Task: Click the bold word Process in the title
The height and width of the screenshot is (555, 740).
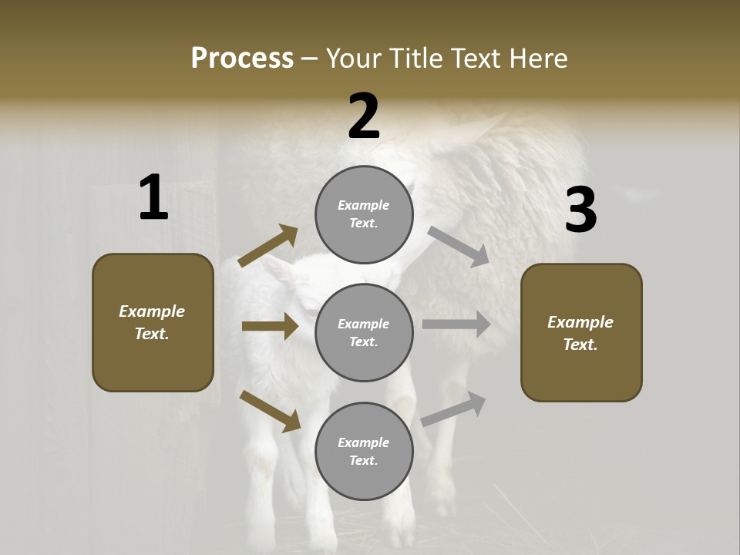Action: pos(242,59)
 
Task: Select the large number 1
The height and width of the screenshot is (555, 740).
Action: pos(153,198)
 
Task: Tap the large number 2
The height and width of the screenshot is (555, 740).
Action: pos(364,116)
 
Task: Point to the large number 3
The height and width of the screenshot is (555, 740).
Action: pos(580,210)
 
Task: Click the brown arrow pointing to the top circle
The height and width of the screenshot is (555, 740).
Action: pos(268,245)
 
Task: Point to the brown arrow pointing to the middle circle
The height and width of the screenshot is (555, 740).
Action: pos(270,326)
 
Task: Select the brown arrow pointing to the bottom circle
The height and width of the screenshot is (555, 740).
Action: pos(271,411)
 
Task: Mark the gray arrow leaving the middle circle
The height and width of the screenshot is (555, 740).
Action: pos(456,325)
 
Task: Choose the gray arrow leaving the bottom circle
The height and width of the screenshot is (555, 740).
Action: pos(453,409)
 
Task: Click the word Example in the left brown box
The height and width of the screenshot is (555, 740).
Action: pos(152,311)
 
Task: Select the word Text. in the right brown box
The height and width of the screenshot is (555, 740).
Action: pos(580,345)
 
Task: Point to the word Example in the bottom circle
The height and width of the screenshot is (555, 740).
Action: pos(364,442)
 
